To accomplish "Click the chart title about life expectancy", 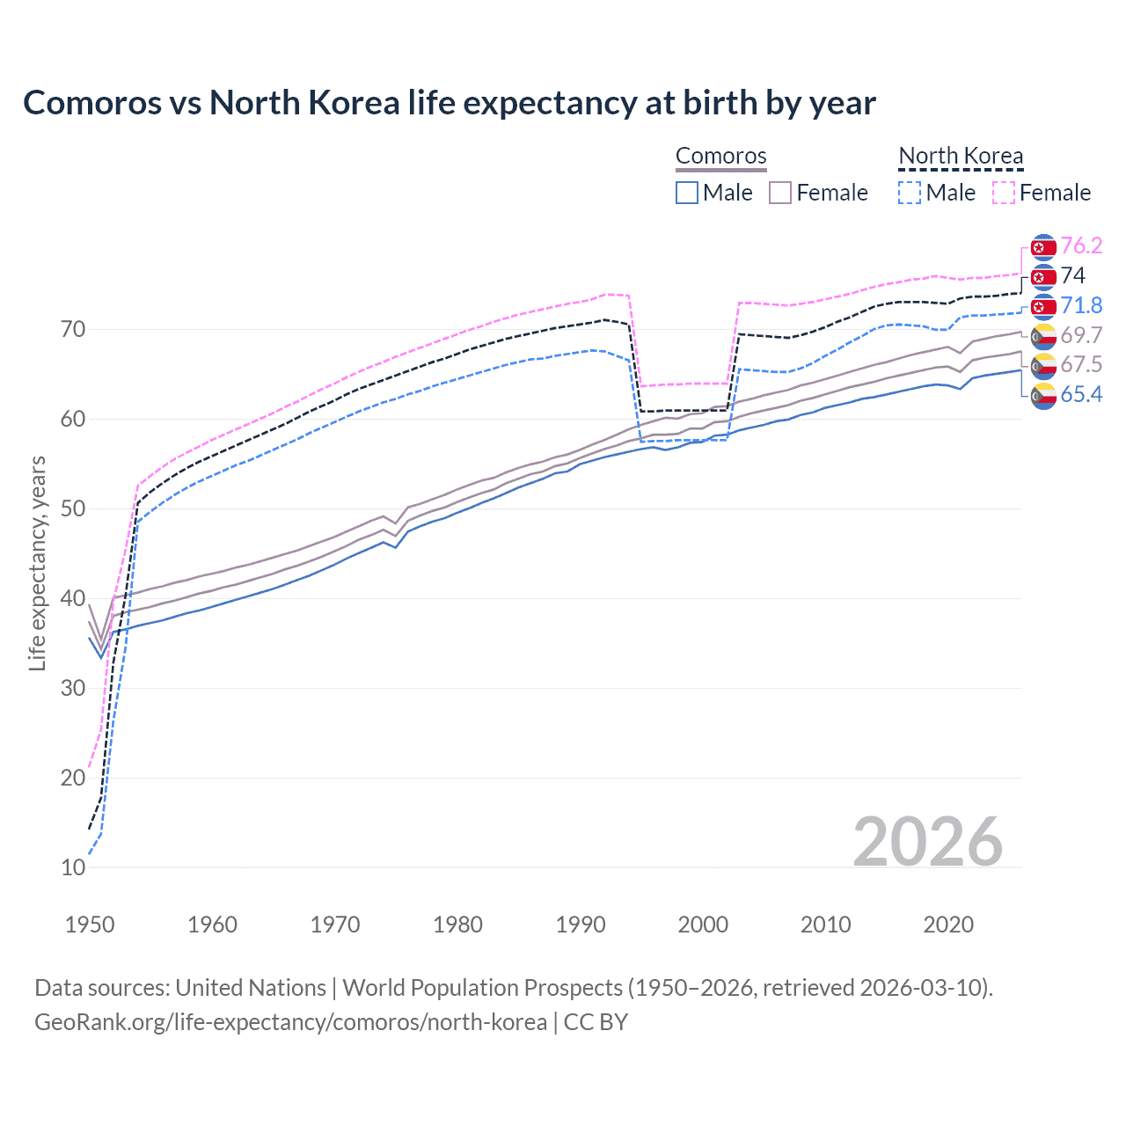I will point(449,103).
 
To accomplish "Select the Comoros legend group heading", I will point(720,156).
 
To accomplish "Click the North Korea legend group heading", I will point(961,156).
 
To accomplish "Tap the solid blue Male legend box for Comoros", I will point(687,193).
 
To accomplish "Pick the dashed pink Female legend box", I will point(1004,193).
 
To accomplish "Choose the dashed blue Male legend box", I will point(910,193).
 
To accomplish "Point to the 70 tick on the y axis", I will point(73,330).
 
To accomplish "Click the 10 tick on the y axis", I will point(73,867).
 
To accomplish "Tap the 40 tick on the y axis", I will point(73,598).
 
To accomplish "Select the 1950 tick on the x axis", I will point(90,925).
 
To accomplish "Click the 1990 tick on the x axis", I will point(581,925).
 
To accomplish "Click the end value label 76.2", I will point(1081,245).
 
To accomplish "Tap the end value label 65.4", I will point(1081,394).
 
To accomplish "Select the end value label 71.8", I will point(1081,305).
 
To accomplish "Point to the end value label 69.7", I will point(1081,335).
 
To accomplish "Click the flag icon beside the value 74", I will point(1043,277).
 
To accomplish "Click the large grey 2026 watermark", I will point(927,842).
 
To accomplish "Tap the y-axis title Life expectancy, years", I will point(37,563).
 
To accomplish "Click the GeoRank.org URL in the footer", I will point(290,1022).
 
